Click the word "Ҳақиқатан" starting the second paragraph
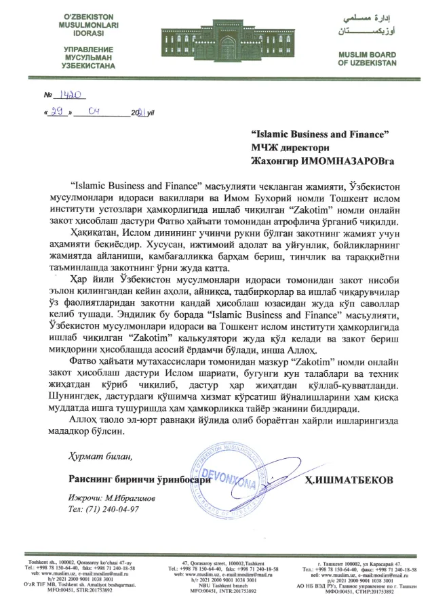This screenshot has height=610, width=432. tap(93, 232)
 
